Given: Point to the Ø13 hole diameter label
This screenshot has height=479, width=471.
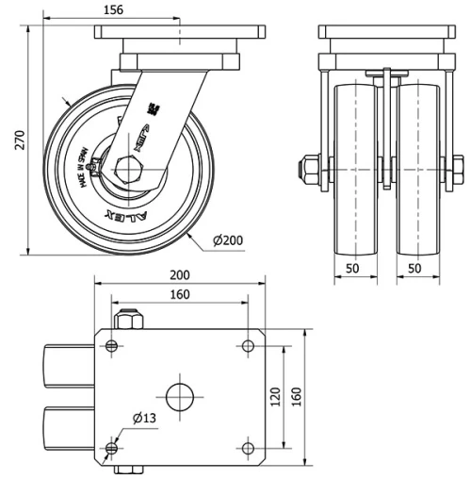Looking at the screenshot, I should coord(143,418).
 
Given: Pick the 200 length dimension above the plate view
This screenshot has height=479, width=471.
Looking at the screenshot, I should coord(180,275).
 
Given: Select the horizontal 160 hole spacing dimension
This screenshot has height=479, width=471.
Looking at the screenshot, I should coord(180,295).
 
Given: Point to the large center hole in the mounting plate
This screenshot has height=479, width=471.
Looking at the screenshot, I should coord(180,395).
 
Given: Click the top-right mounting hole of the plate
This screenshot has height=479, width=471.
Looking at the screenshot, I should coord(248,346).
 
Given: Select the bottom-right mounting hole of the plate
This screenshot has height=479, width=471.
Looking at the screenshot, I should coord(248,446).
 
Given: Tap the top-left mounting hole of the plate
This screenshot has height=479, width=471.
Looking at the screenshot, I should coord(113,346).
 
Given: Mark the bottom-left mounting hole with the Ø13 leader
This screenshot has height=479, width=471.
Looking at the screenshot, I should coord(113,446).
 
